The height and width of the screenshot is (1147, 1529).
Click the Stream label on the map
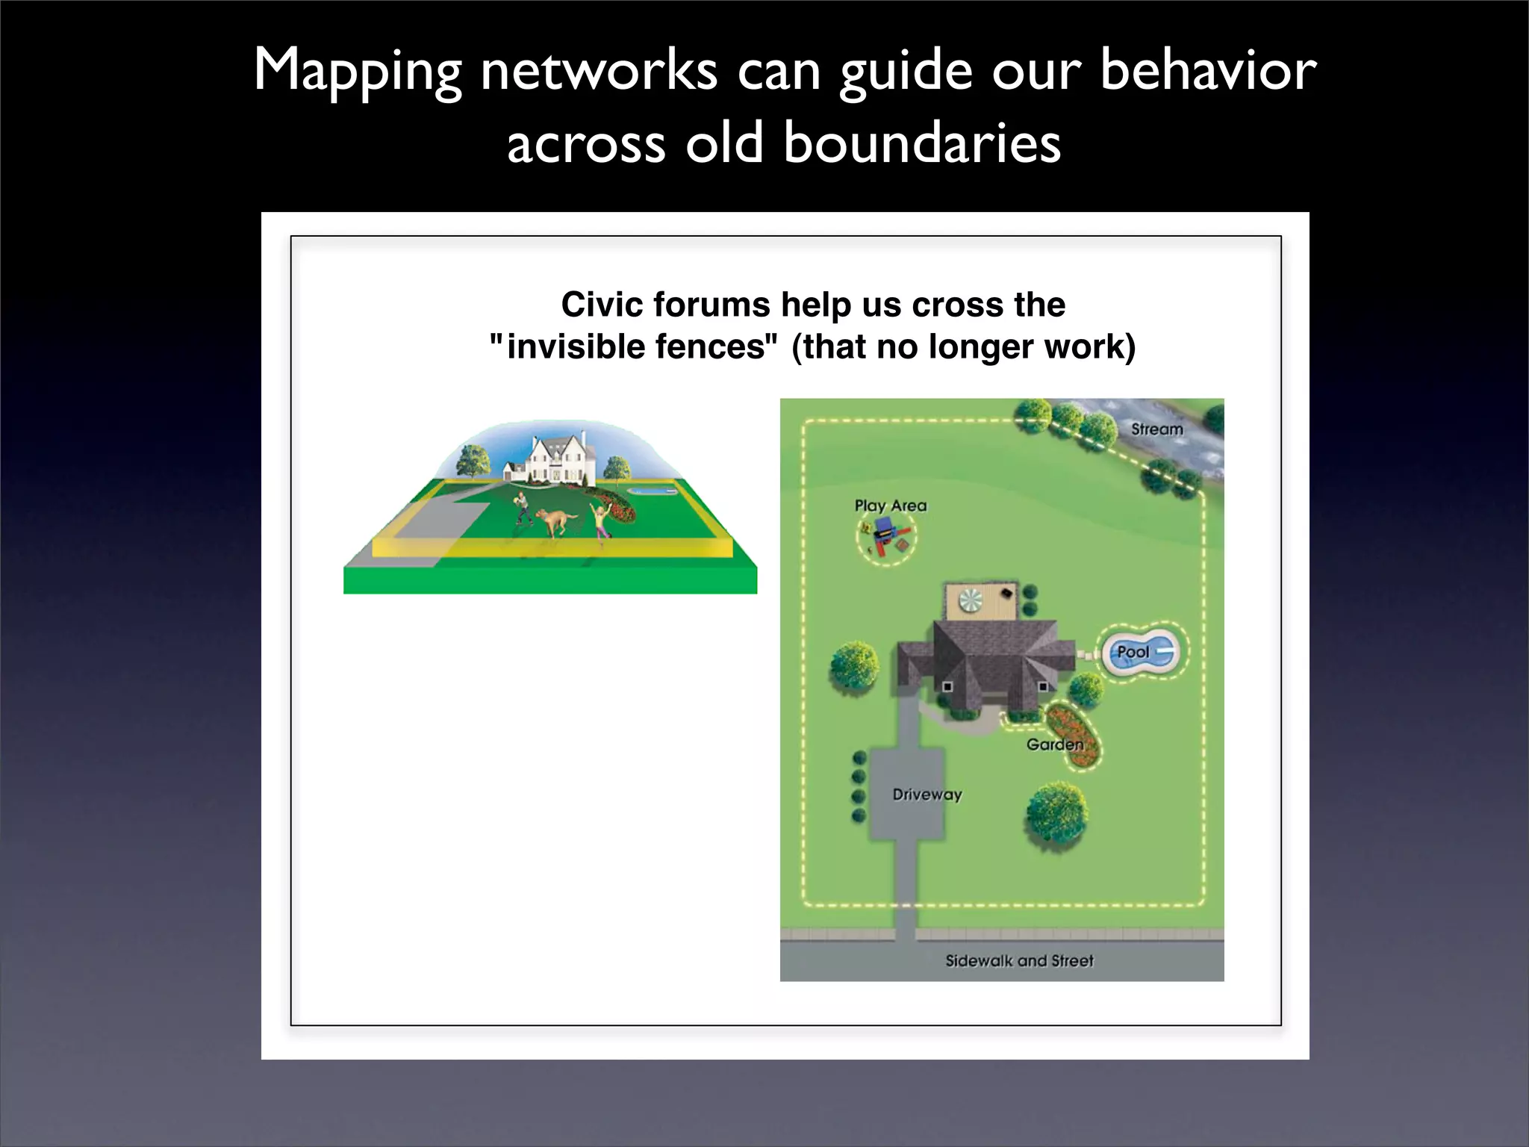(x=1156, y=429)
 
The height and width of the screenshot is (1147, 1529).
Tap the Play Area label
(x=890, y=506)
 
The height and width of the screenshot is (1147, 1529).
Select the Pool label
(x=1133, y=652)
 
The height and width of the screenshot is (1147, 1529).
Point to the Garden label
(x=1054, y=745)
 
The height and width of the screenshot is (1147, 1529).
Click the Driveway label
(x=927, y=795)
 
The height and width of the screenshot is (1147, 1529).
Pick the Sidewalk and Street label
(x=1019, y=961)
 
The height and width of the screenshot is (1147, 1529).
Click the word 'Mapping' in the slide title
(x=357, y=72)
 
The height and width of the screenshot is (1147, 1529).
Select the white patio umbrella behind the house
(x=971, y=600)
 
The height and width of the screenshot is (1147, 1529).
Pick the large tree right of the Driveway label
(x=1056, y=814)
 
